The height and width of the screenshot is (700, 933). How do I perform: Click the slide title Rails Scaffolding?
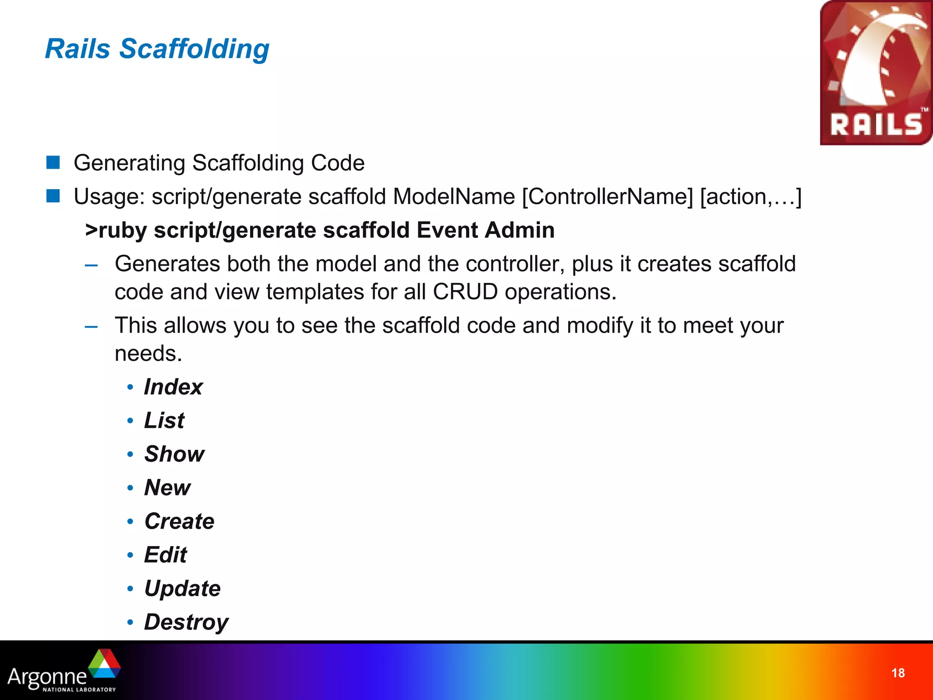click(x=157, y=49)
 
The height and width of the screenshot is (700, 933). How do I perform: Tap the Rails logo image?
click(x=876, y=73)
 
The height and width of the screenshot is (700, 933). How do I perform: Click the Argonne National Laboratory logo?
click(x=64, y=671)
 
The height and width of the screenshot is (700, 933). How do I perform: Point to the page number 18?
click(x=897, y=673)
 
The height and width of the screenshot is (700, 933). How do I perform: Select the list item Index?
click(x=173, y=387)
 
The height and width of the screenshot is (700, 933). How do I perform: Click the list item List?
click(x=164, y=420)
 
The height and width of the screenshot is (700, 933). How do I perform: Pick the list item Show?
click(x=174, y=454)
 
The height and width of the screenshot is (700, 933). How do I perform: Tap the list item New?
click(x=167, y=488)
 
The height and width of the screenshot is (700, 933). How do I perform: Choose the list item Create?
click(x=179, y=521)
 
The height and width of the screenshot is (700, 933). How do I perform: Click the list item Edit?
click(x=165, y=555)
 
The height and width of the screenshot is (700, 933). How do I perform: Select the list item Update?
click(x=182, y=588)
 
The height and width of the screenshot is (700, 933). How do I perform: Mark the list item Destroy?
click(x=186, y=623)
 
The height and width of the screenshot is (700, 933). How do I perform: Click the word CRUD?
click(x=465, y=292)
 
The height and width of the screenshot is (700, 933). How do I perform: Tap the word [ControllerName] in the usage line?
click(x=607, y=197)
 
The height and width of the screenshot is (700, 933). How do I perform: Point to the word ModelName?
click(x=454, y=197)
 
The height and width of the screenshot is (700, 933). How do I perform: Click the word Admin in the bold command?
click(x=519, y=230)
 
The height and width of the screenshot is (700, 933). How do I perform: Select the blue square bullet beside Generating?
click(x=53, y=162)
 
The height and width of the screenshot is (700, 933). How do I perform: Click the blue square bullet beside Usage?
click(x=53, y=196)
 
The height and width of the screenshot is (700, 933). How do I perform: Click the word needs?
click(x=148, y=354)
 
